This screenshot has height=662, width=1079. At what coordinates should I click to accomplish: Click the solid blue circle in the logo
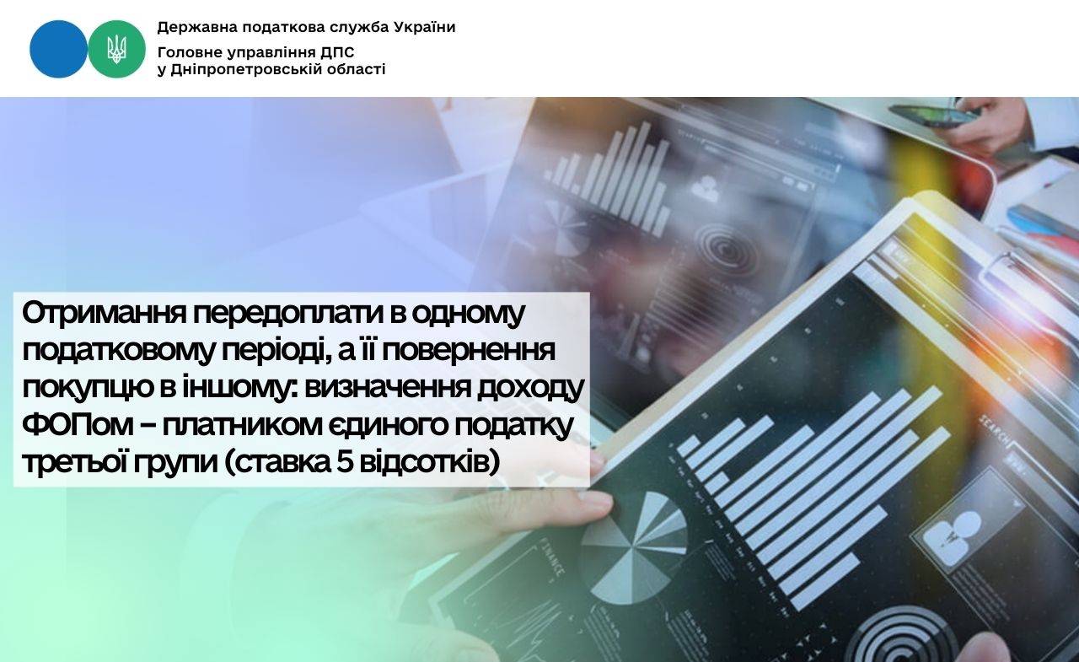pyautogui.click(x=59, y=49)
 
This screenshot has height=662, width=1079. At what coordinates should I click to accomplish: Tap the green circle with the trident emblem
pyautogui.click(x=116, y=49)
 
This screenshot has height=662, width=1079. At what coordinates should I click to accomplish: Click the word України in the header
pyautogui.click(x=425, y=27)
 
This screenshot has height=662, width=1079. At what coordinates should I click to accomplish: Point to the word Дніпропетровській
pyautogui.click(x=251, y=70)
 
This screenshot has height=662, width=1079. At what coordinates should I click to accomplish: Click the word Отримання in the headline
pyautogui.click(x=104, y=315)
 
